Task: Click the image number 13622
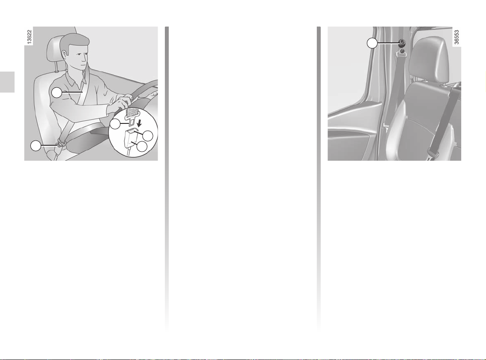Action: pos(29,37)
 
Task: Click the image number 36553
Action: pos(456,37)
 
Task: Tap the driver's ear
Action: pos(65,54)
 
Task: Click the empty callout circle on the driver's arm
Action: pos(57,93)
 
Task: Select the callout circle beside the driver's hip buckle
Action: pos(36,146)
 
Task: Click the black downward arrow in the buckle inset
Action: pos(139,123)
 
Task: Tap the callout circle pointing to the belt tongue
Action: pos(115,124)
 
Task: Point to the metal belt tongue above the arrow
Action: pos(131,117)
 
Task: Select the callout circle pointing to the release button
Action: pos(148,135)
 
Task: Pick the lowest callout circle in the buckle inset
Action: pos(142,147)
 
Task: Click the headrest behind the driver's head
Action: pos(54,53)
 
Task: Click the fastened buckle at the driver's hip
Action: pos(60,144)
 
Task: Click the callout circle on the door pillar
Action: pos(372,43)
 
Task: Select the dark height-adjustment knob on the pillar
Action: pos(403,43)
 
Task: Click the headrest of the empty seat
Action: pos(428,59)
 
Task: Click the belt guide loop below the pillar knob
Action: pos(402,54)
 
